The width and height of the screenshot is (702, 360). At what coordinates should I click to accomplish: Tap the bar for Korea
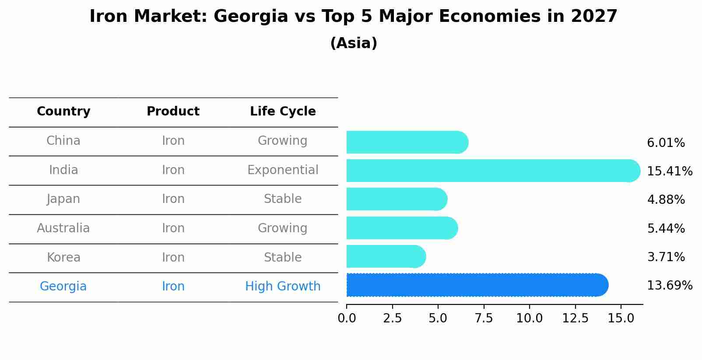click(385, 257)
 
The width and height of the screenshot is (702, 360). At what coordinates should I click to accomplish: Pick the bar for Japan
click(396, 199)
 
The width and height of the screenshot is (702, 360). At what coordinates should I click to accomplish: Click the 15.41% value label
click(669, 171)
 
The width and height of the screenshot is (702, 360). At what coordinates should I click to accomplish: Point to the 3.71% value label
click(666, 257)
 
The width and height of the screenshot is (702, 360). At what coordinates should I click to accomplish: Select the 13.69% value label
click(669, 286)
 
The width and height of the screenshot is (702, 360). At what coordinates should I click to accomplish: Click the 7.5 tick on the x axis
click(484, 318)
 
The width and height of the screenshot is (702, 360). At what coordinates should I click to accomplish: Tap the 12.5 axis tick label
click(575, 318)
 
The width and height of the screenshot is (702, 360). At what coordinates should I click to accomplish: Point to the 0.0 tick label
click(347, 318)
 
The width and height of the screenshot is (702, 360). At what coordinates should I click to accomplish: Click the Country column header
click(63, 112)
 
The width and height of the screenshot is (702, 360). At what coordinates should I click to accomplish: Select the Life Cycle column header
click(283, 112)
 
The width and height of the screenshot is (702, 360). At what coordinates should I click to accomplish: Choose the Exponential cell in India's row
click(283, 170)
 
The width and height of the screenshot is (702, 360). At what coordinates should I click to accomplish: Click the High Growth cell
click(283, 287)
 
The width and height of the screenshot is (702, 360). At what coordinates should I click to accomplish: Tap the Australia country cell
click(63, 228)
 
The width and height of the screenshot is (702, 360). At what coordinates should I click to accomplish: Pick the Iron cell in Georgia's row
click(173, 287)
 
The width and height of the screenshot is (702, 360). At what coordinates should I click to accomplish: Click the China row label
click(63, 141)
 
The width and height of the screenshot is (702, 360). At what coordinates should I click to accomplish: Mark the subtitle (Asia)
click(354, 43)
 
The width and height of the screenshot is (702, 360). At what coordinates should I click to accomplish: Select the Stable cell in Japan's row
click(283, 199)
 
